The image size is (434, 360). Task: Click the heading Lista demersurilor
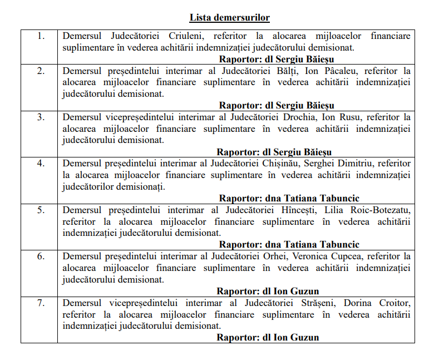tap(229, 18)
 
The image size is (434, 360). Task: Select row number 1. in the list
tap(40, 36)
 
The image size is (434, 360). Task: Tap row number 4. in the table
tap(40, 164)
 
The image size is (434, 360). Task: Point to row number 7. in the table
tap(40, 303)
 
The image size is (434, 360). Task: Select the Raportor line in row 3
tap(274, 152)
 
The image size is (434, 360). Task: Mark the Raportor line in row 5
tap(289, 244)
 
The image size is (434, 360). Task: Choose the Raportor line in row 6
tap(268, 291)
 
